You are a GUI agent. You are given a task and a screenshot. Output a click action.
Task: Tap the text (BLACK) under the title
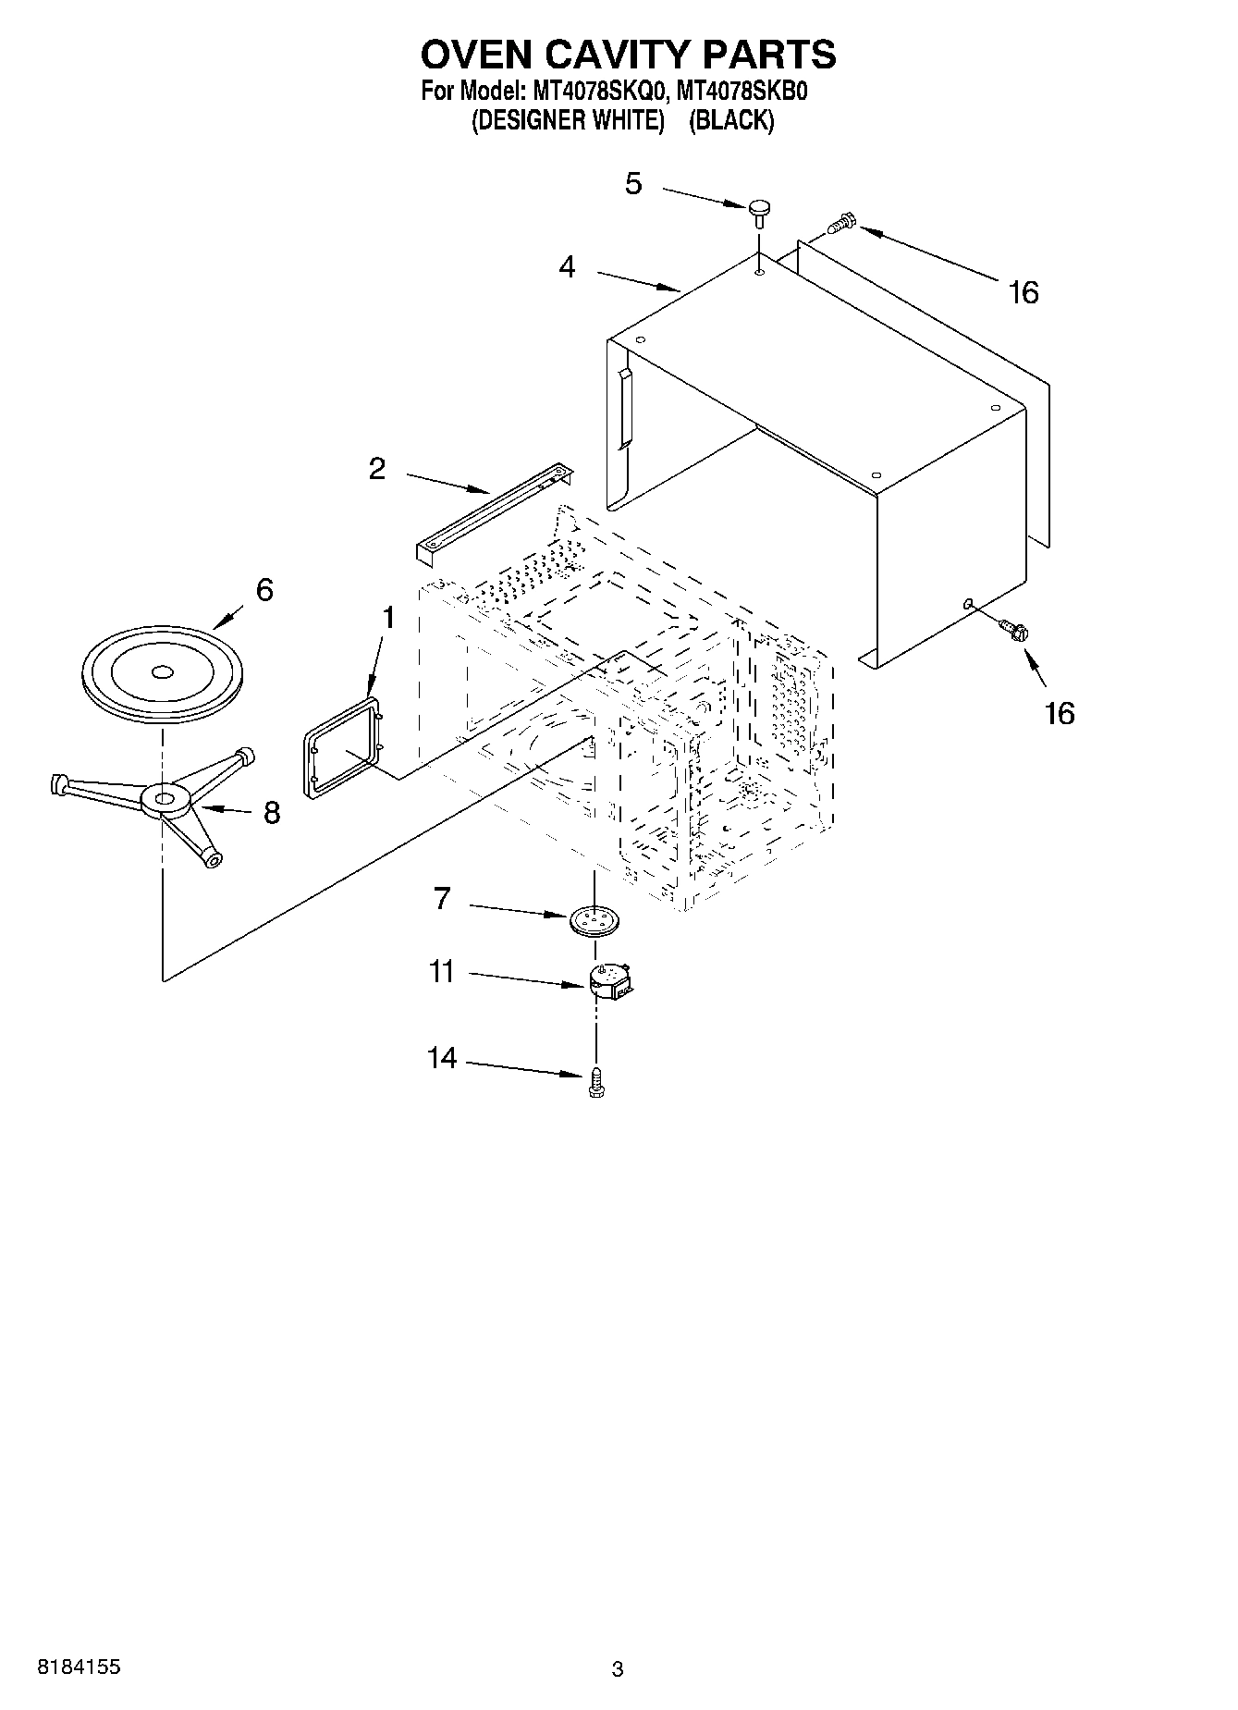[x=731, y=120]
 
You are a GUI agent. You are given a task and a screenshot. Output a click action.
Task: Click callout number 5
[x=632, y=184]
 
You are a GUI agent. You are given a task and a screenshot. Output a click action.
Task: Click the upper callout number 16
[x=1023, y=293]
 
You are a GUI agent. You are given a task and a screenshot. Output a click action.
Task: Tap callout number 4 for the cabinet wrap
[x=567, y=267]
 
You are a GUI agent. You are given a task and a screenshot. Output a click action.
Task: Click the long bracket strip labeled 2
[x=495, y=512]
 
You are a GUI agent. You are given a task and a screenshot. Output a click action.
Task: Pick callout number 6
[x=264, y=590]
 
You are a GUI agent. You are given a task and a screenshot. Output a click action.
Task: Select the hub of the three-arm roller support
[x=165, y=798]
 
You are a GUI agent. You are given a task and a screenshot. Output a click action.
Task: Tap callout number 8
[x=271, y=813]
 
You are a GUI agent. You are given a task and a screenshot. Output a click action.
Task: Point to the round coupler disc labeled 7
[x=594, y=920]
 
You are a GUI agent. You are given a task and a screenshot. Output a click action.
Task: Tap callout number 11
[x=442, y=972]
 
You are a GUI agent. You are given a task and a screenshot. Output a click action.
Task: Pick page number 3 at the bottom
[x=618, y=1669]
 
